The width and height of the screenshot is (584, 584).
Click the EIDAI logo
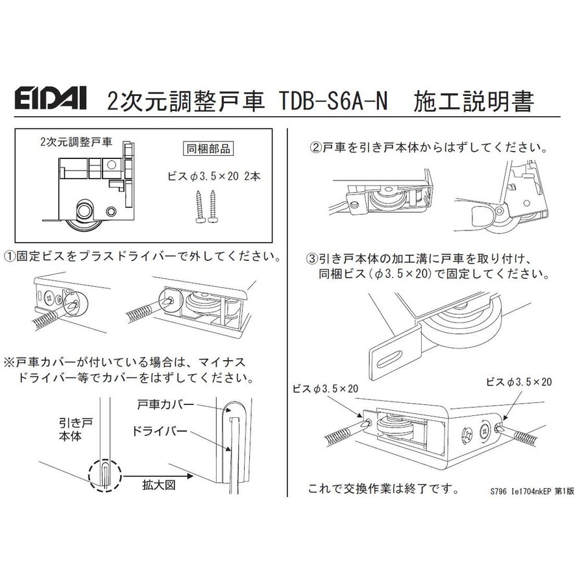coord(51,99)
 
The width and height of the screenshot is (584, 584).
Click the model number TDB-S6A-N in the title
coord(334,101)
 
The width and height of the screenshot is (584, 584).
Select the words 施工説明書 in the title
coord(474,101)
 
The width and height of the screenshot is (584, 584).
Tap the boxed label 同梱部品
coord(208,149)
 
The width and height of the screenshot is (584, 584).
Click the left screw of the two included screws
coord(200,206)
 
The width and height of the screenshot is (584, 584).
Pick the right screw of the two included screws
coord(213,206)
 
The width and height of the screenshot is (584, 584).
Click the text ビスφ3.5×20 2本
coord(213,176)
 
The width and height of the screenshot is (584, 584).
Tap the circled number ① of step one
coord(10,256)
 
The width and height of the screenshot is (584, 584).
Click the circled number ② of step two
coord(316,148)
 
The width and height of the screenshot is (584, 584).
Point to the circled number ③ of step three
coord(311,258)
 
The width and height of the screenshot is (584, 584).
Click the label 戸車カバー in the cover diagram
coord(165,404)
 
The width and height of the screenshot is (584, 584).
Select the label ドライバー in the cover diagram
coord(160,432)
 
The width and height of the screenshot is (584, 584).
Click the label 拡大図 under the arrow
coord(158,485)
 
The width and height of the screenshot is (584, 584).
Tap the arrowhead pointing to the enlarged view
coord(190,476)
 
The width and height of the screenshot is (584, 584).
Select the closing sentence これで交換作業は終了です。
coord(384,489)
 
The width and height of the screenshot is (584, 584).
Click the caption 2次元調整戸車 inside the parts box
coord(76,142)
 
